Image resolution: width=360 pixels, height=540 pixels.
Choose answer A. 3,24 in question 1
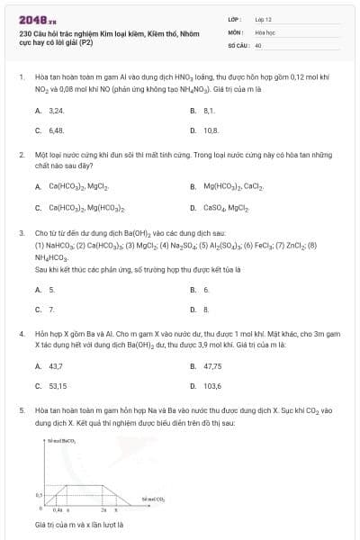click(50, 110)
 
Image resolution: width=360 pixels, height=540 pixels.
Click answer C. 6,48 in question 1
click(50, 130)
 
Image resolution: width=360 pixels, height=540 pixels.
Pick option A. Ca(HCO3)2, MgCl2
click(71, 186)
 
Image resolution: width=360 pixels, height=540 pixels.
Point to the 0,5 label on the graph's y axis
click(39, 495)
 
